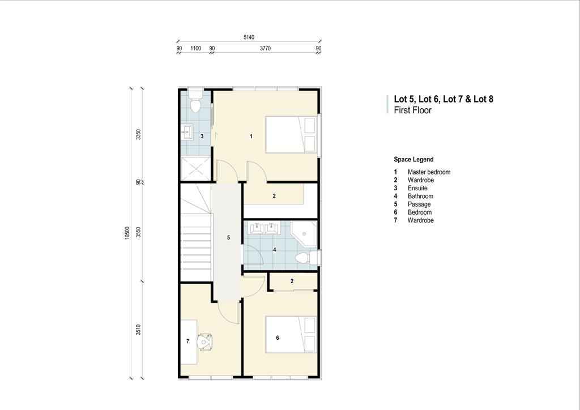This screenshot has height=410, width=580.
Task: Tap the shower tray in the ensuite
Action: click(195, 169)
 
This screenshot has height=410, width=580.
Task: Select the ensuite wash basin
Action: click(187, 133)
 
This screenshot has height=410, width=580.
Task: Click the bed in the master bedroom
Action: click(291, 135)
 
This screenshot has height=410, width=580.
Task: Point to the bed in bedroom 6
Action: click(291, 335)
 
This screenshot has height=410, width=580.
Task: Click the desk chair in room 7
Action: click(205, 341)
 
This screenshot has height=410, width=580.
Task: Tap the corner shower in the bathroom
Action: click(304, 234)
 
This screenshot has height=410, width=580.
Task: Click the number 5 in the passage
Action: click(228, 238)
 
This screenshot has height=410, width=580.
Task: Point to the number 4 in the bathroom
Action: click(275, 250)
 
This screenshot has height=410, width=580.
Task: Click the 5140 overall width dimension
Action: click(249, 37)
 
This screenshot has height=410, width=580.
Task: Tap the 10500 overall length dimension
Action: click(127, 233)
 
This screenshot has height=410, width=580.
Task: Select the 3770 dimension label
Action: click(265, 49)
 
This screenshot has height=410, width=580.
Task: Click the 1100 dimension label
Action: click(195, 49)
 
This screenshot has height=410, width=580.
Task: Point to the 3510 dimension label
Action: click(138, 330)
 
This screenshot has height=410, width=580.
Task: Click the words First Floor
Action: click(412, 110)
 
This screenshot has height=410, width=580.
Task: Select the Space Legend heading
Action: click(413, 159)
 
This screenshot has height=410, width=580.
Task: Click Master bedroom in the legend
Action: click(429, 172)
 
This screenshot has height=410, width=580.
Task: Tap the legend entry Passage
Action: click(419, 204)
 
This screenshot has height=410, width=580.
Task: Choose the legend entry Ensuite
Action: click(417, 188)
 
